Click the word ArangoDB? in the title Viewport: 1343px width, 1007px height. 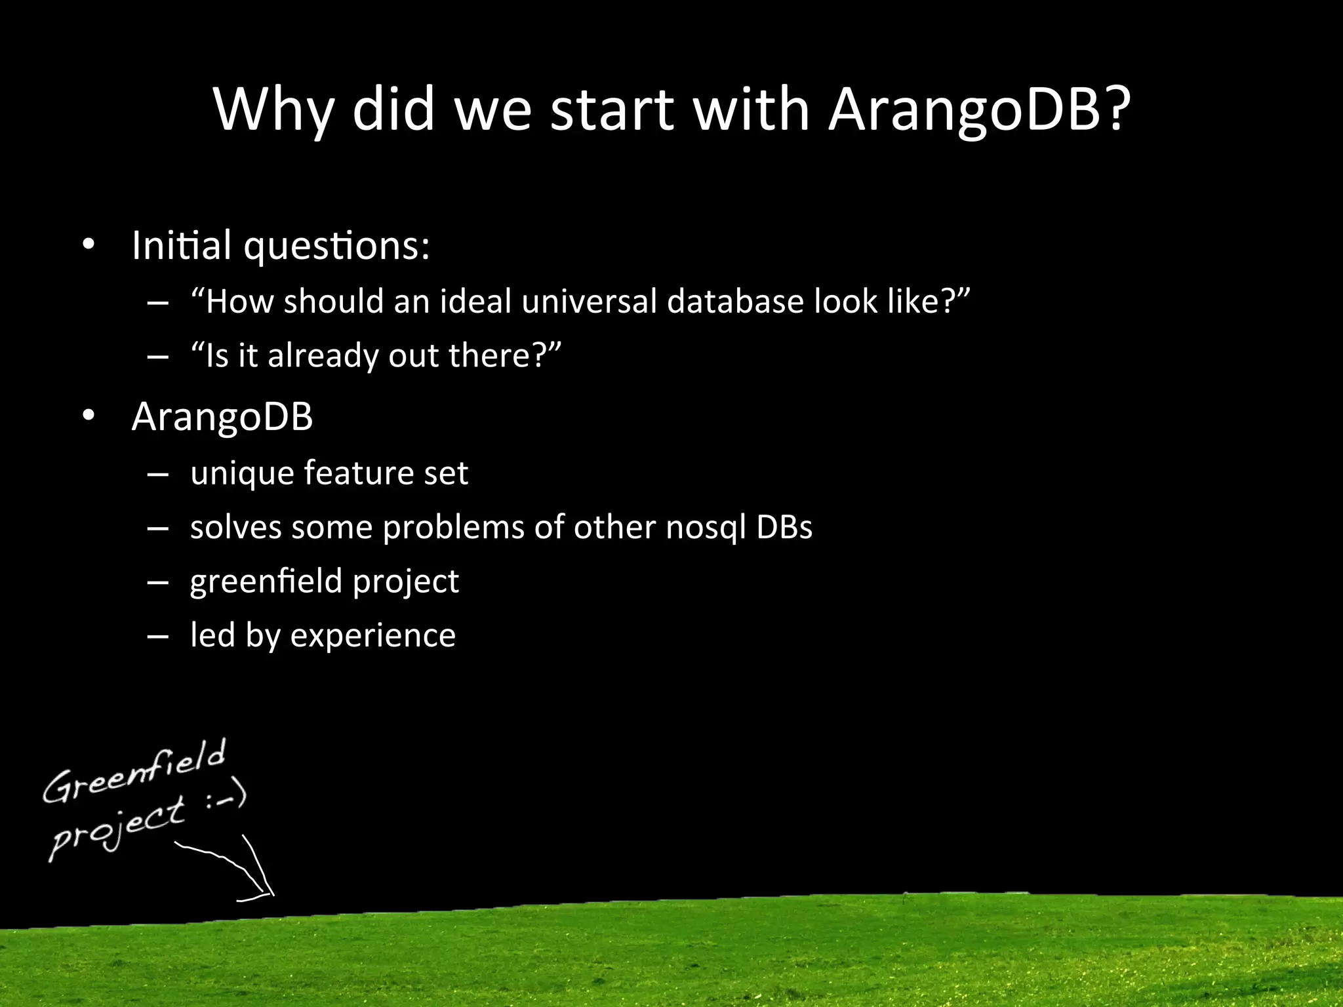pyautogui.click(x=978, y=109)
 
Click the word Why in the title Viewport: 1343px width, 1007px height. pyautogui.click(x=273, y=109)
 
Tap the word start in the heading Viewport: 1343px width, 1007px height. pyautogui.click(x=612, y=109)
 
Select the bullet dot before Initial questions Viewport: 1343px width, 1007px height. pyautogui.click(x=89, y=246)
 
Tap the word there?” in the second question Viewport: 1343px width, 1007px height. pyautogui.click(x=505, y=356)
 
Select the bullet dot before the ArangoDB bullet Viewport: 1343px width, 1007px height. pyautogui.click(x=89, y=416)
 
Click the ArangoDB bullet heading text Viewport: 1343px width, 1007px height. pyautogui.click(x=222, y=416)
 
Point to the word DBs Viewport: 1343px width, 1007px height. pyautogui.click(x=784, y=528)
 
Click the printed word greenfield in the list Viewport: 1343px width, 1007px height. pyautogui.click(x=266, y=582)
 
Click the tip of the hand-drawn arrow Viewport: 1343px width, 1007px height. pyautogui.click(x=272, y=894)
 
